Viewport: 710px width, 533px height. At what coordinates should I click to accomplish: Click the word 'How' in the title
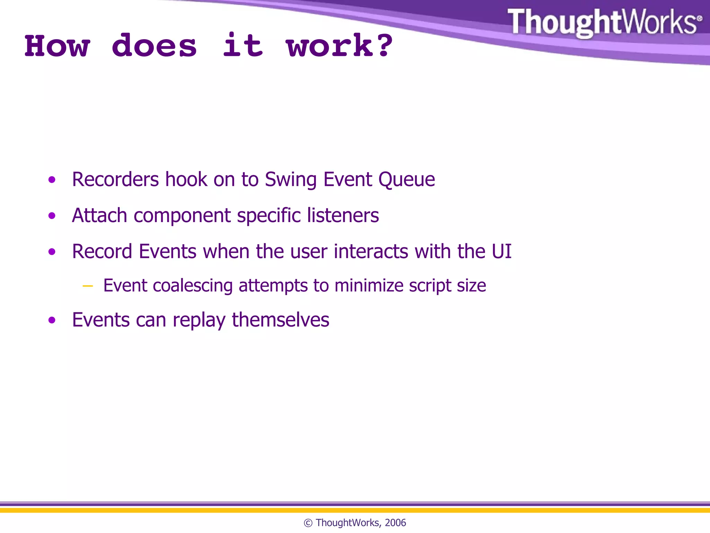[58, 46]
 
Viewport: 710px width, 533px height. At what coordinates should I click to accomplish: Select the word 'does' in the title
[154, 46]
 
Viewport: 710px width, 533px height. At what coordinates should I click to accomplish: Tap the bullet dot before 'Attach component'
[52, 216]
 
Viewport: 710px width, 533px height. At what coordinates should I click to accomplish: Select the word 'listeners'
[343, 215]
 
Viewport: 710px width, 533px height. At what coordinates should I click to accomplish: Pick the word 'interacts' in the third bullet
[371, 252]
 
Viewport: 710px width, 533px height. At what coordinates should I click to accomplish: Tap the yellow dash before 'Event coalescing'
[88, 286]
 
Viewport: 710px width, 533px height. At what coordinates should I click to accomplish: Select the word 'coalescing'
[193, 286]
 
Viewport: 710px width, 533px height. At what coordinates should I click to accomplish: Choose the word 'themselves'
[280, 320]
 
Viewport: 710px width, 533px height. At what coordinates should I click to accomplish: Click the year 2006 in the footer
[395, 523]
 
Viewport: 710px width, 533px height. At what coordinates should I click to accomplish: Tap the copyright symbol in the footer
[308, 523]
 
